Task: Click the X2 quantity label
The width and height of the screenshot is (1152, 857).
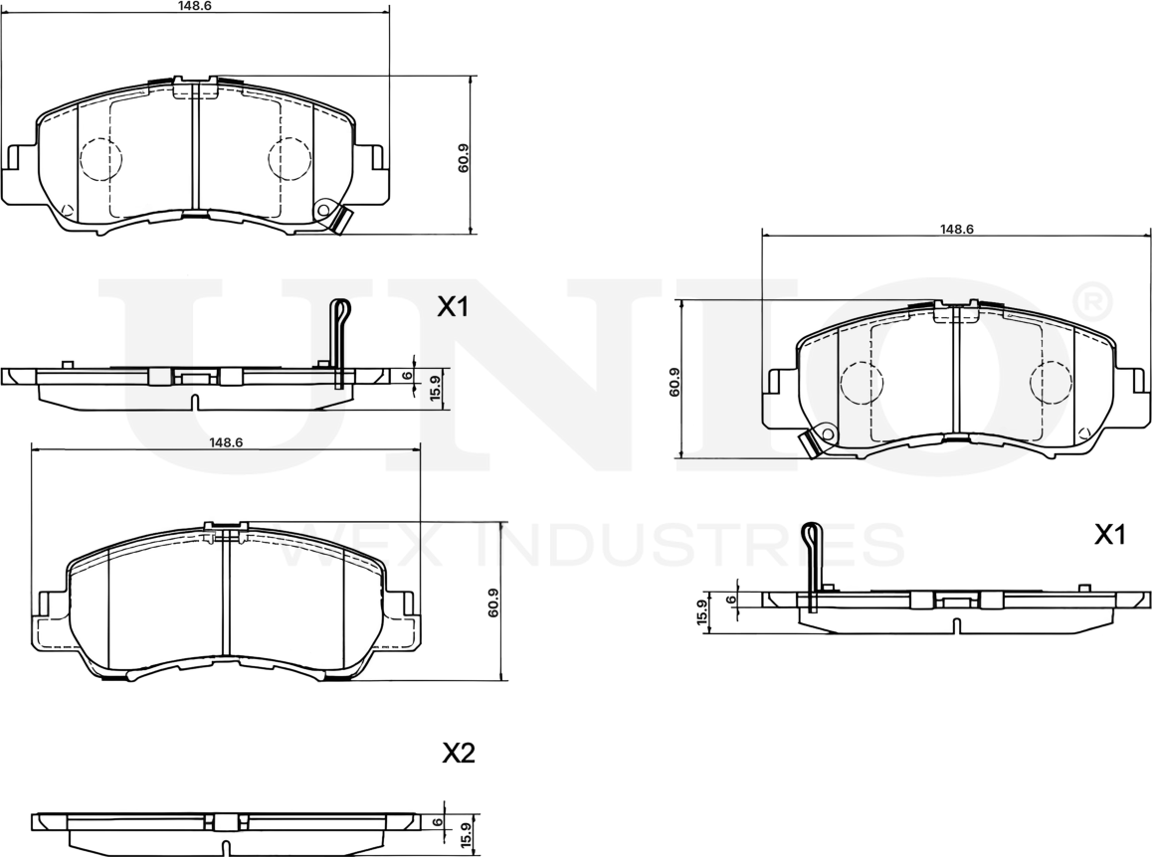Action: click(458, 754)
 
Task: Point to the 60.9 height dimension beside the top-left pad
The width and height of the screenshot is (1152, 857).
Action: click(464, 159)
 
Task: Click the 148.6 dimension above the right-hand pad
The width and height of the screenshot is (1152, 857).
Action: click(956, 229)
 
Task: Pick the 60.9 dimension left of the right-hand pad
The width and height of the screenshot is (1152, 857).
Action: click(675, 383)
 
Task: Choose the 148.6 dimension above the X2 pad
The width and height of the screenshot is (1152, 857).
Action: click(227, 442)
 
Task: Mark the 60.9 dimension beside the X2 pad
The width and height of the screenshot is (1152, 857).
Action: click(493, 603)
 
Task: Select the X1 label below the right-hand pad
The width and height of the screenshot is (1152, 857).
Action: click(1109, 536)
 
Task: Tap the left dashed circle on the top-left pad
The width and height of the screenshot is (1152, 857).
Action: click(99, 159)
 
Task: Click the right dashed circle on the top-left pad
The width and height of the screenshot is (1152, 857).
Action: click(290, 159)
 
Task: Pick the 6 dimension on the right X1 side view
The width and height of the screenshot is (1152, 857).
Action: click(732, 600)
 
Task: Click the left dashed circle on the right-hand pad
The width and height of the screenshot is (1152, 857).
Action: click(862, 383)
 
